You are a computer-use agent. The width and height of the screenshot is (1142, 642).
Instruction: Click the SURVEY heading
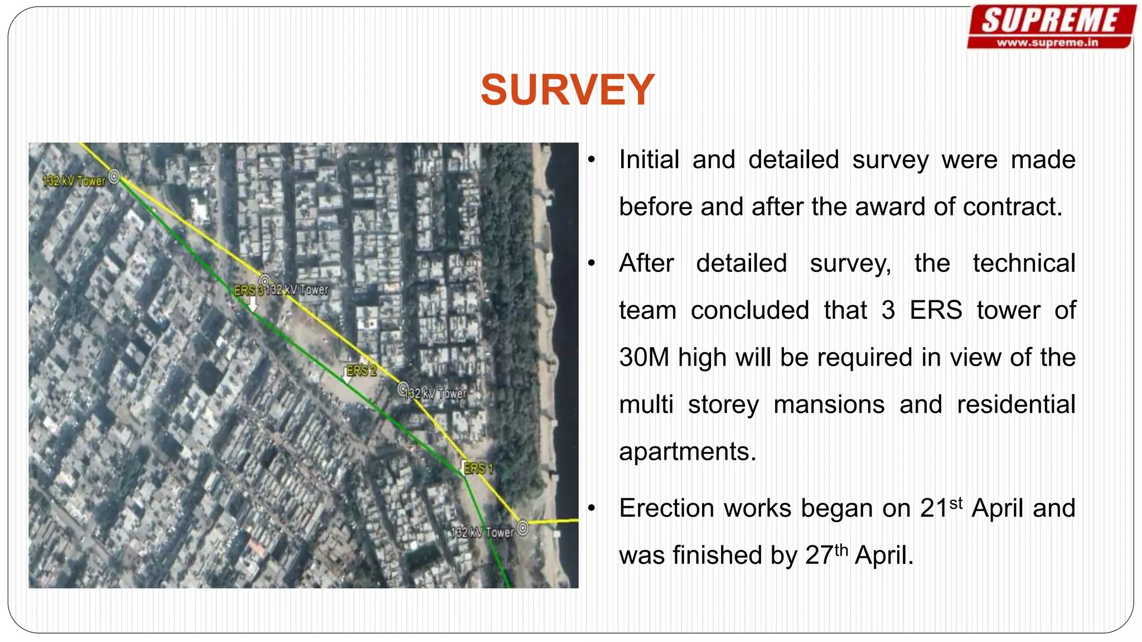tap(567, 90)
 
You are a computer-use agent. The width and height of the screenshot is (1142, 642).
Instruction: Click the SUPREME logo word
tap(1051, 21)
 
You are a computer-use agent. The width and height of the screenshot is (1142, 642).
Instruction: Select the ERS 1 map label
tap(478, 469)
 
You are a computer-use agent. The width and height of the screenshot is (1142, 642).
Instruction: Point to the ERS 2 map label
tap(361, 371)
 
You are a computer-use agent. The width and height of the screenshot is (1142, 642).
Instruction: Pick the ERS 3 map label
tap(248, 290)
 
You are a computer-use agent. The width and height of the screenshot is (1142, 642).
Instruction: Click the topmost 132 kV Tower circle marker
tap(114, 177)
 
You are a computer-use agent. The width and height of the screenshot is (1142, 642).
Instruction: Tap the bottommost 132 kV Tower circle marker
tap(522, 527)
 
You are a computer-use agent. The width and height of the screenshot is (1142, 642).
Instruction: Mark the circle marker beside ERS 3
tap(265, 281)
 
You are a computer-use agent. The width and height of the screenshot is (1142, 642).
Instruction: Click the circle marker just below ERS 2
tap(403, 388)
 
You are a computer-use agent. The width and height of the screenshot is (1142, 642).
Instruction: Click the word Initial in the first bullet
tap(649, 160)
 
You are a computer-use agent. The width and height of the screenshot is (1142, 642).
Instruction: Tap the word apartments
tap(687, 451)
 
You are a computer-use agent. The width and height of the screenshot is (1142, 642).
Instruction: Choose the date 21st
tap(941, 508)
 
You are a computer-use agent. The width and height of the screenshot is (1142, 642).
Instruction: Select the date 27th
tap(826, 555)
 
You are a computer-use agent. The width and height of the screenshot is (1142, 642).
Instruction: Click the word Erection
tap(667, 508)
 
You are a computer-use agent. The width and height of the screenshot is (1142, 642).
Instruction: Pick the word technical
tap(1024, 263)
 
